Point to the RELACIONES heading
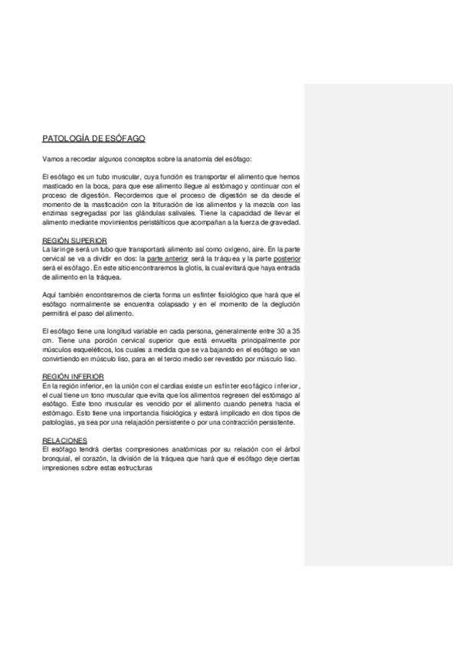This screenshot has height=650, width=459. [x=64, y=440]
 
